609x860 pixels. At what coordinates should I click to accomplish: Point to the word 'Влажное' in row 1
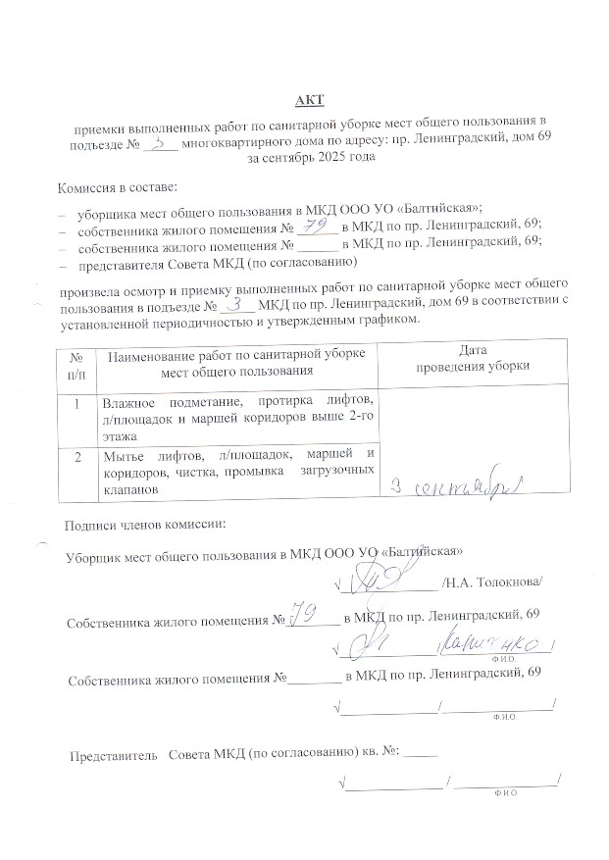pyautogui.click(x=130, y=402)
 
